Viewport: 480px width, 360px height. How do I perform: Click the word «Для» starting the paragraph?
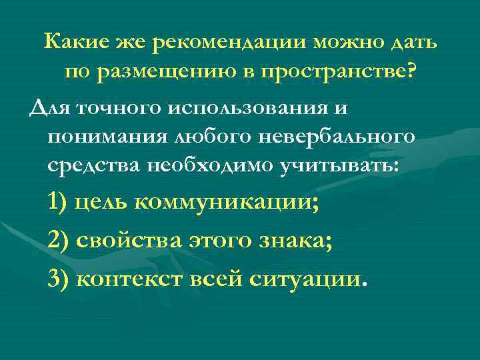pyautogui.click(x=46, y=107)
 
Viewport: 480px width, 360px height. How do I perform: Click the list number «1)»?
pyautogui.click(x=58, y=203)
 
